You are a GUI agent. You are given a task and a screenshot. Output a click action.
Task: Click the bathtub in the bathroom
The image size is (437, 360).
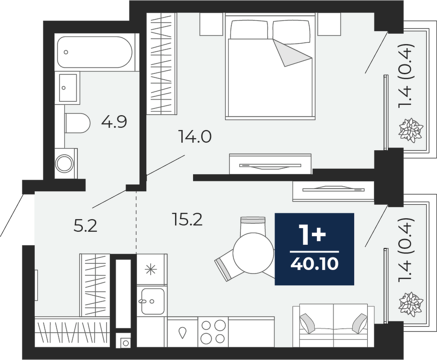coord(95,52)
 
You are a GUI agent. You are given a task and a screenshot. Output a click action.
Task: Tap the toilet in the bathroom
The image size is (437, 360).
coord(77,123)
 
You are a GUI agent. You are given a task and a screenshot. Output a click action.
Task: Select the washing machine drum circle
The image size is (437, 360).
coord(65,163)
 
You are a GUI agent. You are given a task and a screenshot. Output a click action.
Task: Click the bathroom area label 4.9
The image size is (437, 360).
coord(114,122)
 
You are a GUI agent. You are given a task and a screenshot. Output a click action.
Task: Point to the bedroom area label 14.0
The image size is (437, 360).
coord(195,137)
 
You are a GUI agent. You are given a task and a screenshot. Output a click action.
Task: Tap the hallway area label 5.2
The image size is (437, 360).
coord(85,226)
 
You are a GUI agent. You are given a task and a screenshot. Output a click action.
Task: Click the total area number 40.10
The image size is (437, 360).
coord(315,263)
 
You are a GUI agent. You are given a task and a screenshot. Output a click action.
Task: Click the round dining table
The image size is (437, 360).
coord(254,253)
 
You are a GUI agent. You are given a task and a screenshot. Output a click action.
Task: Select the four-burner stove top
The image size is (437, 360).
coord(213,332)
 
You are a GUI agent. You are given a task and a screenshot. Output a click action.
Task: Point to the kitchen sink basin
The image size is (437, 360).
coord(153,301)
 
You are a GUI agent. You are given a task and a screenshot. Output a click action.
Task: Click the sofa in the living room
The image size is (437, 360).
coord(333,325)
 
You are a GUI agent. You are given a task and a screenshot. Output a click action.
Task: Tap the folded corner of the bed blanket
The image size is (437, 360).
coord(292,53)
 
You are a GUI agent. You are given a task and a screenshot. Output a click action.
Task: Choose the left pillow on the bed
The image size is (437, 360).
coord(249,30)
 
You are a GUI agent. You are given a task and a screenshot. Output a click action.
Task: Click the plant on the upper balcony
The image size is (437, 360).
coord(411,130)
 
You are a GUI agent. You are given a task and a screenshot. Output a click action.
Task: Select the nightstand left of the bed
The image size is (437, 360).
coord(211,25)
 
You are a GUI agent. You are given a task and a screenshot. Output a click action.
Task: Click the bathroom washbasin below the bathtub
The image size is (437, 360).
coord(68,88)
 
